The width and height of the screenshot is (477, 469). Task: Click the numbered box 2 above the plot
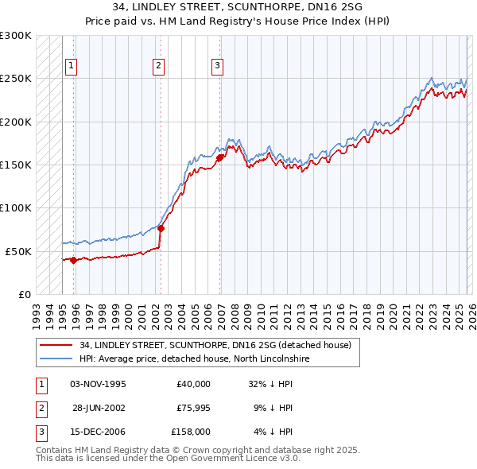click(x=159, y=66)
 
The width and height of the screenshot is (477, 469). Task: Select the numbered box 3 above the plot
click(x=217, y=66)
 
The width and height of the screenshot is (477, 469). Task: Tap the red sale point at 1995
click(x=73, y=260)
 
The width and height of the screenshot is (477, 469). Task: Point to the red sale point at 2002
click(x=161, y=228)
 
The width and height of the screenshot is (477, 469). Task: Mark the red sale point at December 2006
click(x=219, y=157)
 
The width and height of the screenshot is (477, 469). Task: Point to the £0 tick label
click(x=23, y=294)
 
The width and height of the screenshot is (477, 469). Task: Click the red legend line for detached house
click(x=56, y=345)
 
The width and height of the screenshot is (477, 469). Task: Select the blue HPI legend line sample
click(x=56, y=359)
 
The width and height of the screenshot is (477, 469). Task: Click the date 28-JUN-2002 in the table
click(x=99, y=408)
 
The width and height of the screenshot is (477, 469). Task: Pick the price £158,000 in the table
click(x=191, y=432)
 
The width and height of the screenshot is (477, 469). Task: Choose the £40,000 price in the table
click(x=193, y=384)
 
